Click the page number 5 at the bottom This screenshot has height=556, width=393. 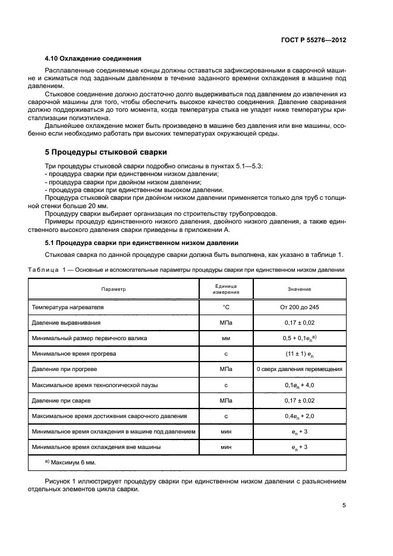click(x=344, y=505)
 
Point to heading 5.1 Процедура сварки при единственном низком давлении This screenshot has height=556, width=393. click(x=142, y=243)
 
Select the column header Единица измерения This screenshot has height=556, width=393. click(x=227, y=289)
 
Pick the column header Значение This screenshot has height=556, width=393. click(x=300, y=289)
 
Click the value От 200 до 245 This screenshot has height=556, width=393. click(x=300, y=307)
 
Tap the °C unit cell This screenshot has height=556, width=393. click(x=226, y=307)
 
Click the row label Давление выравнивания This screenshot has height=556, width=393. click(x=66, y=322)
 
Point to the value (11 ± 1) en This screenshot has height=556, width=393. click(x=300, y=354)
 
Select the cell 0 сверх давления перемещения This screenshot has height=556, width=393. click(x=300, y=369)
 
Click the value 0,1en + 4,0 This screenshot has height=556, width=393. click(x=300, y=385)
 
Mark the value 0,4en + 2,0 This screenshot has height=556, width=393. click(x=300, y=416)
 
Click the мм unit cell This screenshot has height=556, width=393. click(x=226, y=338)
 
